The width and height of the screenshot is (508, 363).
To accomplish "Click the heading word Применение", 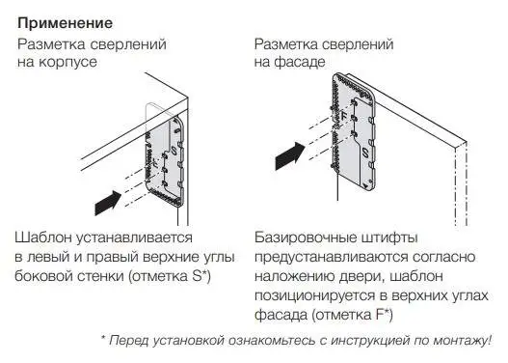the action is (66, 24).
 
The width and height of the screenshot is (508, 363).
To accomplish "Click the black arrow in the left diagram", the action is (108, 203).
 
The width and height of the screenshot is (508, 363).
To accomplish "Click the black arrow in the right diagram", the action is (290, 156).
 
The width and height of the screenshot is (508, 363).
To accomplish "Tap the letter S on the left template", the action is (174, 151).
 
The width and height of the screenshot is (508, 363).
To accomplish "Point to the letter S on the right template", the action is (365, 153).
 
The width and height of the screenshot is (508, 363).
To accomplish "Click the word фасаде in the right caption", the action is (300, 62).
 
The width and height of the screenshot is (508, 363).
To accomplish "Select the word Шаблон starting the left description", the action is (43, 237).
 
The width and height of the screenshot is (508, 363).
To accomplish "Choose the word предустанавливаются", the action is (331, 257).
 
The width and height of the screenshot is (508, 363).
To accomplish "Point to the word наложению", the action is (294, 276).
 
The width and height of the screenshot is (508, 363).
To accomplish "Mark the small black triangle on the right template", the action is (365, 186).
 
